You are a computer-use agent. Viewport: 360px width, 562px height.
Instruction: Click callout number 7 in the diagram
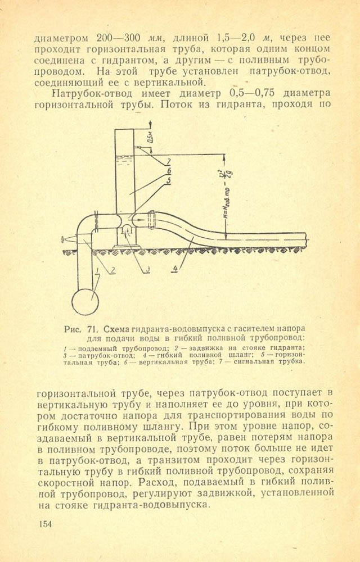[x=168, y=162]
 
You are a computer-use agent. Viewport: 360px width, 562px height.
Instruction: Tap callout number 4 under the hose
[x=175, y=269]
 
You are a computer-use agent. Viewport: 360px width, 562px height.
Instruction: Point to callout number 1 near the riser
[x=98, y=270]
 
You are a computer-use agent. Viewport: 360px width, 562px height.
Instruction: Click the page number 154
[x=46, y=524]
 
